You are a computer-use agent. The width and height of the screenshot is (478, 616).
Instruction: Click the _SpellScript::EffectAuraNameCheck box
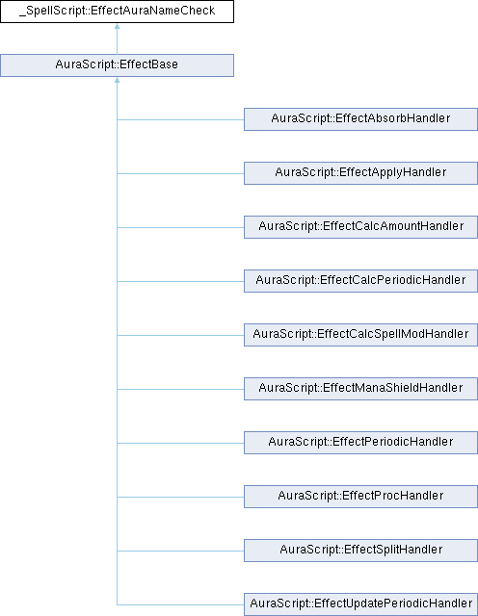pos(117,12)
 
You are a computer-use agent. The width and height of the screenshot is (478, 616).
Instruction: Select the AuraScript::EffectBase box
pos(117,65)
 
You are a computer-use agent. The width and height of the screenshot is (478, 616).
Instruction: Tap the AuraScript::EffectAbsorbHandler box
pos(360,119)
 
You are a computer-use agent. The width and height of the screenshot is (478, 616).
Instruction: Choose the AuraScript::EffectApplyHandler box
pos(360,173)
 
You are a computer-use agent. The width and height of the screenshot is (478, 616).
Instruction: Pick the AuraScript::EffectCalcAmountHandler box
pos(360,227)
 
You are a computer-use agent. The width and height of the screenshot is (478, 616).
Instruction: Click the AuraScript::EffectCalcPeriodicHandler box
pos(360,280)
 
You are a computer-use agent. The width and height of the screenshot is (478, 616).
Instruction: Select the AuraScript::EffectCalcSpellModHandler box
pos(360,335)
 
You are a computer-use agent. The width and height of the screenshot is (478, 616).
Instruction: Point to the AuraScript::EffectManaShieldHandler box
pos(360,389)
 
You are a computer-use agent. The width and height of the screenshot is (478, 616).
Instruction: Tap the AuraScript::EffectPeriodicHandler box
pos(360,443)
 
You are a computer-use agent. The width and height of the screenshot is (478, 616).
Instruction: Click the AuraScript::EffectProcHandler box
pos(360,497)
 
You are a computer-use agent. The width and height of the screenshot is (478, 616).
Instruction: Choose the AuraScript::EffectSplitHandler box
pos(360,550)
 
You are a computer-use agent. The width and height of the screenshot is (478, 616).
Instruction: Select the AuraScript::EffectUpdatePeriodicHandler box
pos(360,604)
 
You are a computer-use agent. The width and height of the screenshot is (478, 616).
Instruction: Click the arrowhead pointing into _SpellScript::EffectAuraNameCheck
pos(117,26)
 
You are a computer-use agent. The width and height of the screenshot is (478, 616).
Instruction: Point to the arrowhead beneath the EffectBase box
pos(117,80)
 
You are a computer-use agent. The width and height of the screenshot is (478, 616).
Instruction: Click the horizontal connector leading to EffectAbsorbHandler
pos(180,119)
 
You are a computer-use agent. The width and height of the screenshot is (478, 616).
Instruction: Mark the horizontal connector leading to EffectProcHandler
pos(180,497)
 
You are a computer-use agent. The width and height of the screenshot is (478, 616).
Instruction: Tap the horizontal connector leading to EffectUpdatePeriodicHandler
pos(180,604)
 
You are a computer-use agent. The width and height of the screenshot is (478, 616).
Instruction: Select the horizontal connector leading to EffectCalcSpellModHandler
pos(180,335)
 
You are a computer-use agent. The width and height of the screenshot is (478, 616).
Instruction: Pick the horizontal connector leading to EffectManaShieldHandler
pos(180,389)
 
